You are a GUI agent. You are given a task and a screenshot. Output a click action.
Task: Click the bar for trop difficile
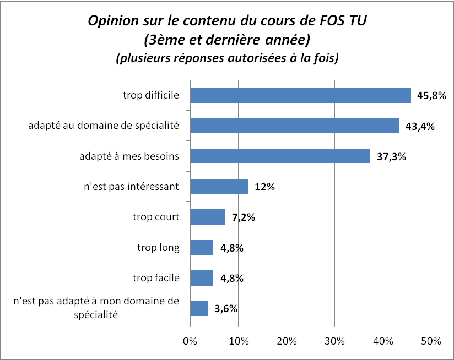tap(300, 95)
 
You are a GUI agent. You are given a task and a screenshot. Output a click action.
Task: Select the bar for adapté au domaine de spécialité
tap(295, 126)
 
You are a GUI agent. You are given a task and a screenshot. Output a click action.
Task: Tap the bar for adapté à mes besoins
tap(280, 156)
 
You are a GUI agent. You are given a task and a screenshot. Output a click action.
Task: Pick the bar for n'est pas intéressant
tap(219, 187)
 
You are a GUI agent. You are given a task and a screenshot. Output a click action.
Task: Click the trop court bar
tap(208, 217)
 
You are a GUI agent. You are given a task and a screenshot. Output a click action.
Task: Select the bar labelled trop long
tap(202, 247)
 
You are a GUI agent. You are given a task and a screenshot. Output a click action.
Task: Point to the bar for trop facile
tap(202, 277)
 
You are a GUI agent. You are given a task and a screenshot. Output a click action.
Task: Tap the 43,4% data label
tap(420, 126)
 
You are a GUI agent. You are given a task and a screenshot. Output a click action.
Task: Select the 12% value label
tap(265, 187)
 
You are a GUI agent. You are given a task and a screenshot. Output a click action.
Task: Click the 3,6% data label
tap(226, 308)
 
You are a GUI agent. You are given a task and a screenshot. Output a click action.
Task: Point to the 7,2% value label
tap(243, 217)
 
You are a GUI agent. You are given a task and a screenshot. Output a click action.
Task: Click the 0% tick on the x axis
tap(190, 341)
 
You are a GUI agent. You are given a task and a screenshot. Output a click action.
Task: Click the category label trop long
tap(158, 247)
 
